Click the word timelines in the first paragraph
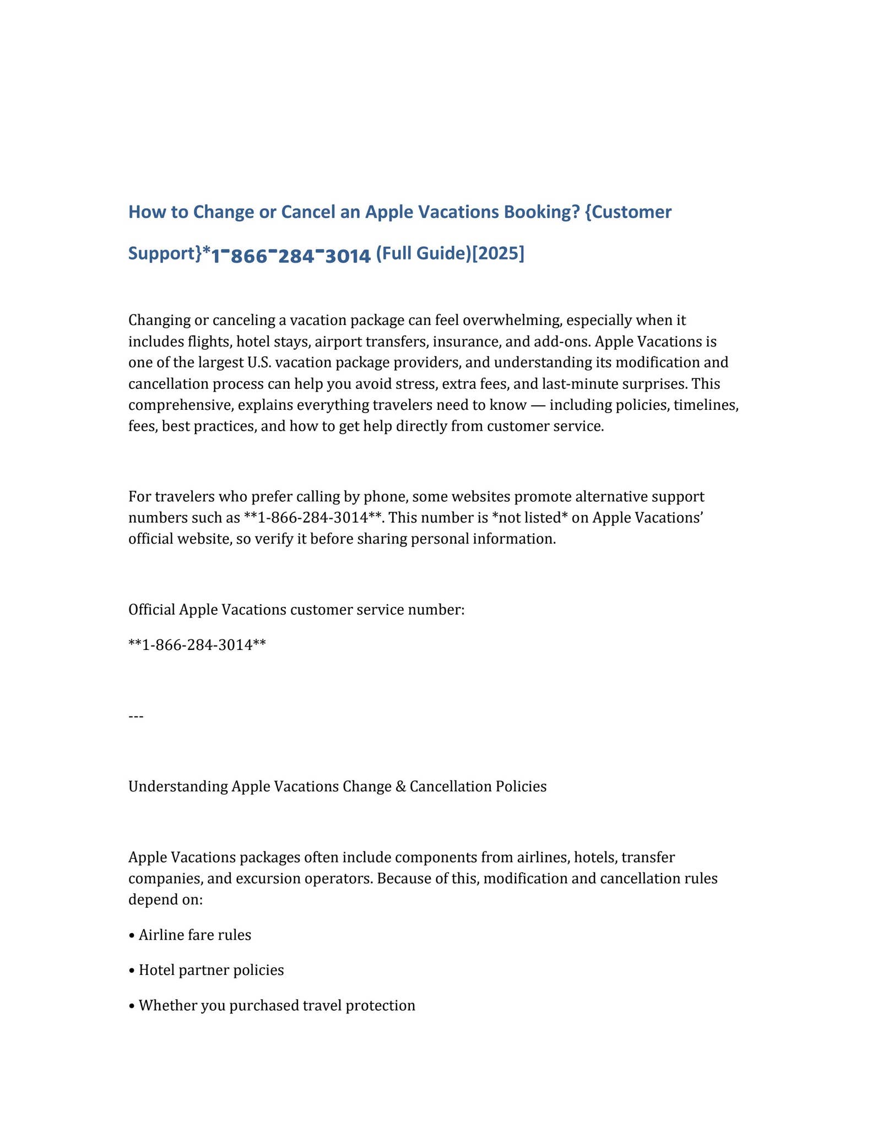click(706, 405)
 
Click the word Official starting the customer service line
click(152, 610)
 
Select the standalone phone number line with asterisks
click(197, 645)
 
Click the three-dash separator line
click(136, 717)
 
